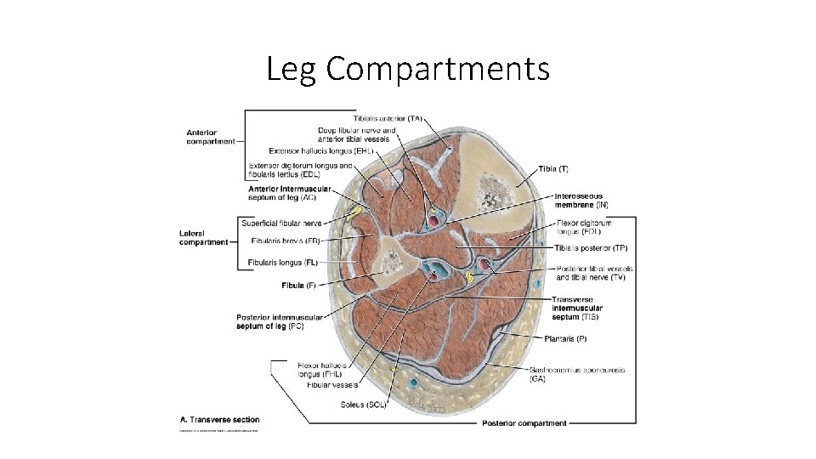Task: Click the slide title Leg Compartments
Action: point(408,69)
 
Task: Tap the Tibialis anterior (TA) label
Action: point(388,117)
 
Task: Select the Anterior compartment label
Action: point(211,137)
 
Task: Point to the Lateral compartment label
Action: point(204,237)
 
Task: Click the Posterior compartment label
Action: point(524,423)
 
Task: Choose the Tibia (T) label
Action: point(552,170)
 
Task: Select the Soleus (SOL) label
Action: point(363,405)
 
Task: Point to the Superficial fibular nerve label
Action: point(281,223)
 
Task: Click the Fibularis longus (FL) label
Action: point(283,262)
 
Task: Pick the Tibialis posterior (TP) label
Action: point(591,248)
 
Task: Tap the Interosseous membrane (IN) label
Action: point(581,200)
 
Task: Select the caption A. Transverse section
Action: point(220,419)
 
